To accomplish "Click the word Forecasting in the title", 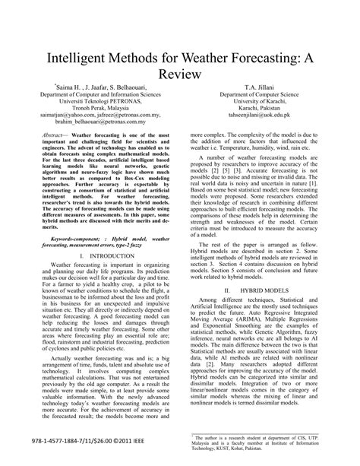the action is [x=267, y=57].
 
